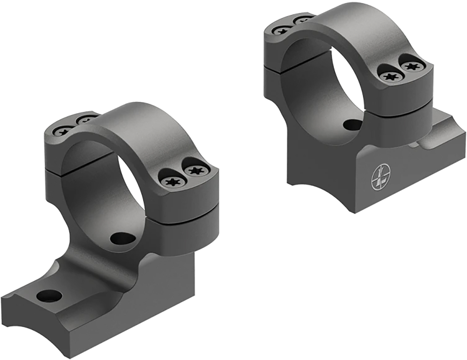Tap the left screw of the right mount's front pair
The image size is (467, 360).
click(389, 77)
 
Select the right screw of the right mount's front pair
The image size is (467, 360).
click(408, 66)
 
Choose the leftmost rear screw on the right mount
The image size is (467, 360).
click(279, 31)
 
